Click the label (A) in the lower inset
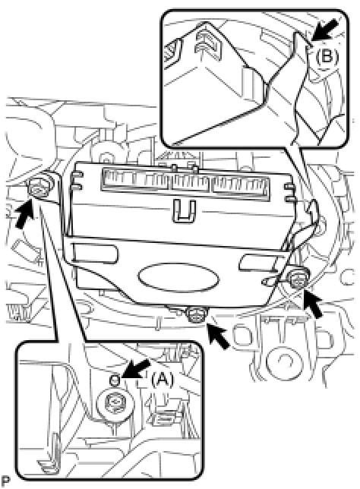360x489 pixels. click(x=162, y=380)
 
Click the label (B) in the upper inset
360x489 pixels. click(x=327, y=57)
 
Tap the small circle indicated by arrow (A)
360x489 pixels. click(x=115, y=380)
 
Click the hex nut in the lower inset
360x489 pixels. click(x=116, y=402)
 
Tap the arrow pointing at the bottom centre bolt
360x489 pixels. click(x=219, y=336)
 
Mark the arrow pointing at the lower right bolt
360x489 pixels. click(x=313, y=304)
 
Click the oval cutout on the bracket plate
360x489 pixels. click(x=178, y=278)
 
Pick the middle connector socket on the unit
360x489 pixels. click(x=192, y=183)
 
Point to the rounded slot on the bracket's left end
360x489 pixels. click(x=94, y=253)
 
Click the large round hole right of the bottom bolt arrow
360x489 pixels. click(x=285, y=360)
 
